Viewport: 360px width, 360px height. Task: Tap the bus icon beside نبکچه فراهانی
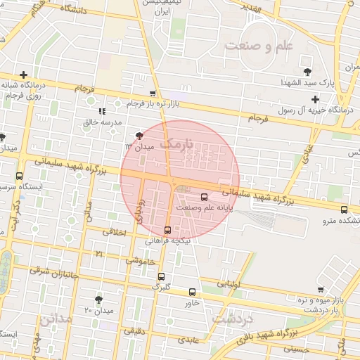pos(167,230)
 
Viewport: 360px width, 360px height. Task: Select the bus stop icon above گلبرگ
pos(162,276)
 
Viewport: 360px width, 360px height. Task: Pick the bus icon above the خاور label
pos(193,292)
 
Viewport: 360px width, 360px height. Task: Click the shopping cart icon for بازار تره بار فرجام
pos(153,93)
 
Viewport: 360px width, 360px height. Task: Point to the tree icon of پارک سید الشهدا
pos(307,72)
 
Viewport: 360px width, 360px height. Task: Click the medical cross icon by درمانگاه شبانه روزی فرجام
pos(24,75)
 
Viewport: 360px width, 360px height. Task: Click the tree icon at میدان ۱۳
pos(139,135)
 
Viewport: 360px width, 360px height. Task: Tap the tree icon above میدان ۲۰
pos(98,299)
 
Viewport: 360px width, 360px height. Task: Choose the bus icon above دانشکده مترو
pos(344,210)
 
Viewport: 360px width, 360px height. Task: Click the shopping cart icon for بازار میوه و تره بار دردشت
pos(321,289)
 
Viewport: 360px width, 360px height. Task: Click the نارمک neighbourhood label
pos(176,143)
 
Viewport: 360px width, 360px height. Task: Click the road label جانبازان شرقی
pos(52,272)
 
